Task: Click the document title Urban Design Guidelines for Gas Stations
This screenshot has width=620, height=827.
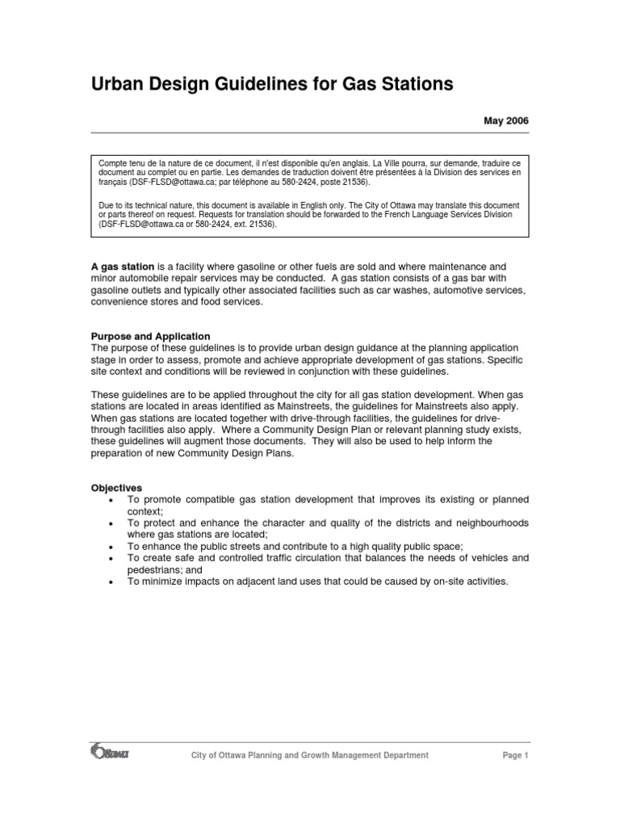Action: [x=272, y=84]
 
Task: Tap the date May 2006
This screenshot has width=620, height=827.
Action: [x=506, y=120]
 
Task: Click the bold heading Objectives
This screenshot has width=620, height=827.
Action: [x=116, y=488]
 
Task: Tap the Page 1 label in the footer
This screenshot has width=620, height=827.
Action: [x=514, y=755]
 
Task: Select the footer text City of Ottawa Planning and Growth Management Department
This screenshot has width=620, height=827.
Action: [x=309, y=755]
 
